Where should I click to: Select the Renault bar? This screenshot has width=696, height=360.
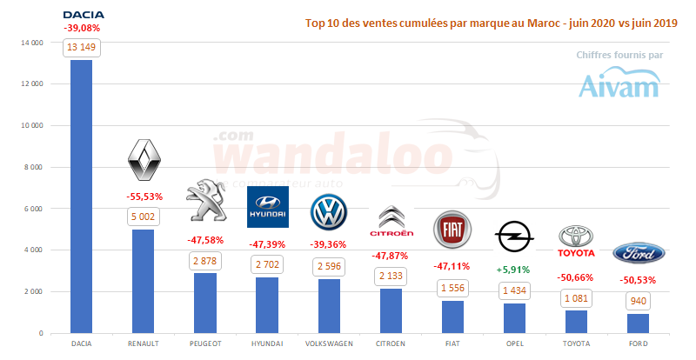tap(144, 283)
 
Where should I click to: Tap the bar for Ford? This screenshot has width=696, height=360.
tap(639, 323)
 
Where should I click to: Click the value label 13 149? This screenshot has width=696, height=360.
tap(82, 48)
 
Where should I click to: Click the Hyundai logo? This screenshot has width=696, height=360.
tap(268, 207)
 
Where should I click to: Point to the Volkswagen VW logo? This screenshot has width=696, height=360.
tap(329, 211)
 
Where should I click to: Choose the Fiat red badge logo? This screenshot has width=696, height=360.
tap(452, 228)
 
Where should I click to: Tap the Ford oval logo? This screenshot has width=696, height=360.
tap(639, 252)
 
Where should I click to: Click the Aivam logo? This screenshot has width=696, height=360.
tap(619, 83)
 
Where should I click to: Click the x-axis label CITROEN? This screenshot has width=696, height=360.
tap(391, 343)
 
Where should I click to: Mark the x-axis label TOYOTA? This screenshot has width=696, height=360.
tap(576, 343)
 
